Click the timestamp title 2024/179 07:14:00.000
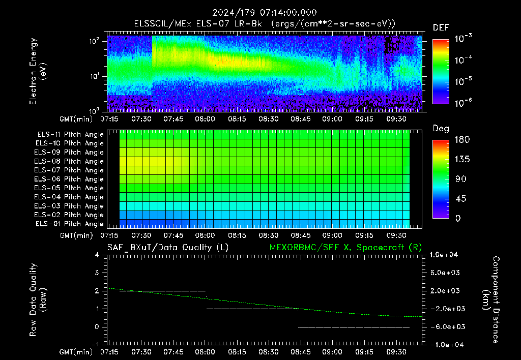[265, 13]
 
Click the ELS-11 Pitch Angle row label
[70, 135]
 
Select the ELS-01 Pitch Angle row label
[69, 224]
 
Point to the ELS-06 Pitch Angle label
[69, 179]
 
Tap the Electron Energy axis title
[38, 71]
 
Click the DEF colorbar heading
[441, 27]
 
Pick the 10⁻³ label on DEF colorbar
[463, 38]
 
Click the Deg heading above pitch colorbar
[441, 129]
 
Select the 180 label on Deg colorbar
[462, 139]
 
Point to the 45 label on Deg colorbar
[460, 199]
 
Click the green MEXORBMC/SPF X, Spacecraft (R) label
[345, 248]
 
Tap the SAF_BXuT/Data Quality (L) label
[168, 248]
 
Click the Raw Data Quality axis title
[37, 300]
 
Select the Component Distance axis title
[490, 300]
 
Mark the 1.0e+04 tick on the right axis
[444, 255]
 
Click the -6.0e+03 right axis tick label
[444, 327]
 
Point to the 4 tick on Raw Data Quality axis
[97, 255]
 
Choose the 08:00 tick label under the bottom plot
[205, 352]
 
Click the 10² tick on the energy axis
[94, 41]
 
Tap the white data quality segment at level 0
[354, 327]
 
